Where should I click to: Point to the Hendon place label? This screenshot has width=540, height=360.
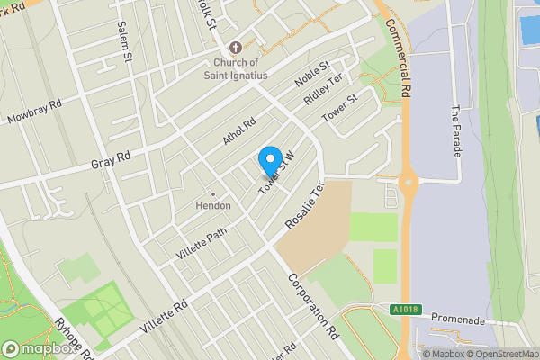click(213, 206)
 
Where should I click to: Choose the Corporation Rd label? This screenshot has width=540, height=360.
click(312, 307)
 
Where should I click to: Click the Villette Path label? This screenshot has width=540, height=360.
click(202, 242)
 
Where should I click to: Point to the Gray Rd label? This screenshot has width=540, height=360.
click(111, 158)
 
